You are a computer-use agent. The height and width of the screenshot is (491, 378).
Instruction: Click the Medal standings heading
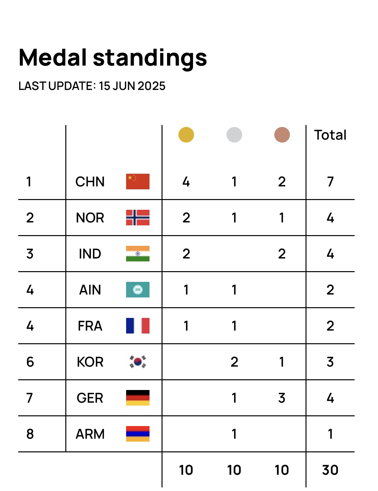click(x=113, y=58)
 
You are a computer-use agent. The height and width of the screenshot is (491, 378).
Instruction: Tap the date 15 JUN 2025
click(x=132, y=86)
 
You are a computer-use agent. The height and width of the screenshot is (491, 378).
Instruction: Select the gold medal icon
click(x=186, y=135)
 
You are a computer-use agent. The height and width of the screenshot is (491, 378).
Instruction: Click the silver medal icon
click(x=234, y=135)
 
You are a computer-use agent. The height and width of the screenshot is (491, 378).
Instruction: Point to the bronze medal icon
click(x=282, y=135)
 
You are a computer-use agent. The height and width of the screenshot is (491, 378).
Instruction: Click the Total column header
click(x=330, y=135)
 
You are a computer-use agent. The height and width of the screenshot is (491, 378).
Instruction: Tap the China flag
click(x=138, y=182)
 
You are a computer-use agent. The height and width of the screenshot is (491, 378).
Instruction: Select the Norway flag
click(x=138, y=218)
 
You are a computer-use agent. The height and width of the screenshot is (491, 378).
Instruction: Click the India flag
click(x=138, y=254)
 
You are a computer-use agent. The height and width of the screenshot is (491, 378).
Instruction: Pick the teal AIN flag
click(x=138, y=290)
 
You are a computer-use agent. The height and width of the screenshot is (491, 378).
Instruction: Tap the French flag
click(x=138, y=326)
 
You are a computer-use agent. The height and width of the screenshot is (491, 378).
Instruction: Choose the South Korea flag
click(x=138, y=362)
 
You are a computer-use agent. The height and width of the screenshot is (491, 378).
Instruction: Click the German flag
click(x=138, y=398)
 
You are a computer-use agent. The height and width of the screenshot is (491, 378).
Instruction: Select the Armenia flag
click(x=138, y=434)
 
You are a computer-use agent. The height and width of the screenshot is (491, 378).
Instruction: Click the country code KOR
click(x=90, y=362)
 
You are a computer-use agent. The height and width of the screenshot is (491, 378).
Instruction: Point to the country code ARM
click(x=90, y=434)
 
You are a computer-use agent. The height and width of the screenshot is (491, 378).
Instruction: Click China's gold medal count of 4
click(x=186, y=182)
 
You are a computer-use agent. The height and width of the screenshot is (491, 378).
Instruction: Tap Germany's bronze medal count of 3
click(x=282, y=398)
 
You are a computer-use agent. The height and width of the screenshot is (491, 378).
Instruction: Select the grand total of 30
click(x=330, y=470)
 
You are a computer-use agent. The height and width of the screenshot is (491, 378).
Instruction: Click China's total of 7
click(x=330, y=182)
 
